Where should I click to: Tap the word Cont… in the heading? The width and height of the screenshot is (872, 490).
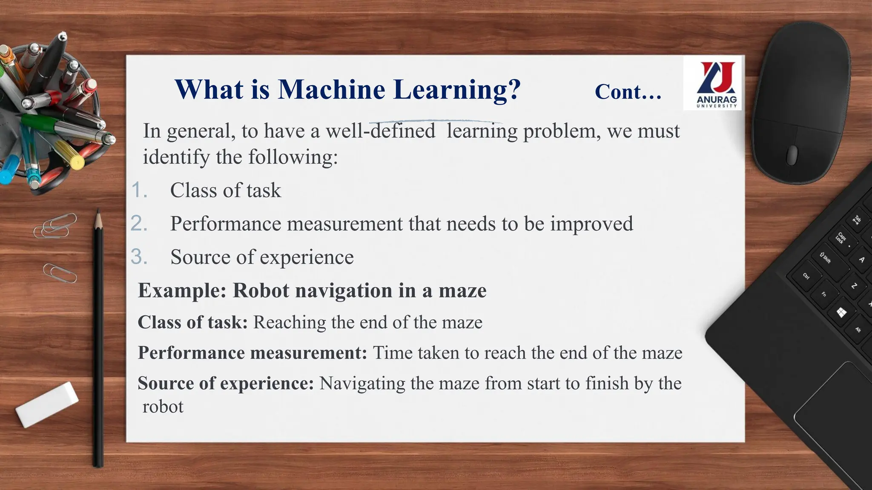628,91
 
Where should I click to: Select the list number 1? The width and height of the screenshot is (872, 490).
138,190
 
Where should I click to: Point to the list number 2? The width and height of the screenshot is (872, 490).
138,224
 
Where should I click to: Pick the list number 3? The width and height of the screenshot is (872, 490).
138,257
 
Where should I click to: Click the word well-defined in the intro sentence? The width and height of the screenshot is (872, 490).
380,131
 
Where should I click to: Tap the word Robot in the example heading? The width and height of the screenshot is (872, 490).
261,291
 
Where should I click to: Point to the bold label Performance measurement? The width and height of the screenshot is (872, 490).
252,353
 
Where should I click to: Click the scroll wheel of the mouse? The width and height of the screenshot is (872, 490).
792,154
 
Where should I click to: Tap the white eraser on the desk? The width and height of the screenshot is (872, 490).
47,404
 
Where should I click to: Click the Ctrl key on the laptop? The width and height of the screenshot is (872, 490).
806,276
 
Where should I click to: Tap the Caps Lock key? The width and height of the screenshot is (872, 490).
840,238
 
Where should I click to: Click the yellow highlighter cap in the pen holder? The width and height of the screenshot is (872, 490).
77,162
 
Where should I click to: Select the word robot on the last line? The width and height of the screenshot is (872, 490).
163,407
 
